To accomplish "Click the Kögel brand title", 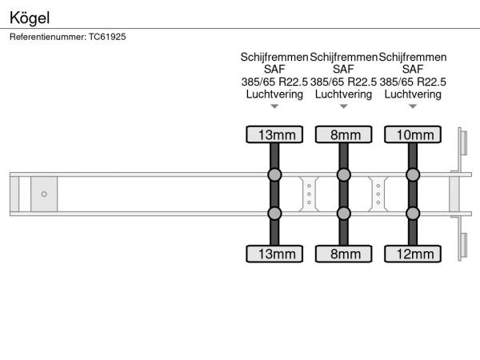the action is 30,18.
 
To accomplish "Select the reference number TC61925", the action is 107,37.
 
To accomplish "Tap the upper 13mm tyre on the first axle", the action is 274,134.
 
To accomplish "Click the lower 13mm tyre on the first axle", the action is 274,254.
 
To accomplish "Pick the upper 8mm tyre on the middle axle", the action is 344,134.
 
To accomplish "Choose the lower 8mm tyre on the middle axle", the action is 344,254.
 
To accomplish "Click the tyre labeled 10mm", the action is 413,134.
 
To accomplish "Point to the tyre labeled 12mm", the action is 413,254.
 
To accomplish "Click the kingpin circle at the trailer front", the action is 44,194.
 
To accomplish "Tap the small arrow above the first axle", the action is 274,106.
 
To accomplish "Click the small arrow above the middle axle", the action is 344,106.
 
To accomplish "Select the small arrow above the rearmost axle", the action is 413,106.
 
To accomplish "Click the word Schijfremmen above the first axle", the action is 274,58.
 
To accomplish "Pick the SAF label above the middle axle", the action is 343,70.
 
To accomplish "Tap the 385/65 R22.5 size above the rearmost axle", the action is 413,82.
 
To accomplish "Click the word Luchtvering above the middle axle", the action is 343,94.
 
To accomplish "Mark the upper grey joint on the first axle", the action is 274,174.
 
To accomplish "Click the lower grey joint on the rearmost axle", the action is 413,214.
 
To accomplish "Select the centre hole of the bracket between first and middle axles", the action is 309,194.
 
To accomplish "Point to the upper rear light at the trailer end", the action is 463,142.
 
